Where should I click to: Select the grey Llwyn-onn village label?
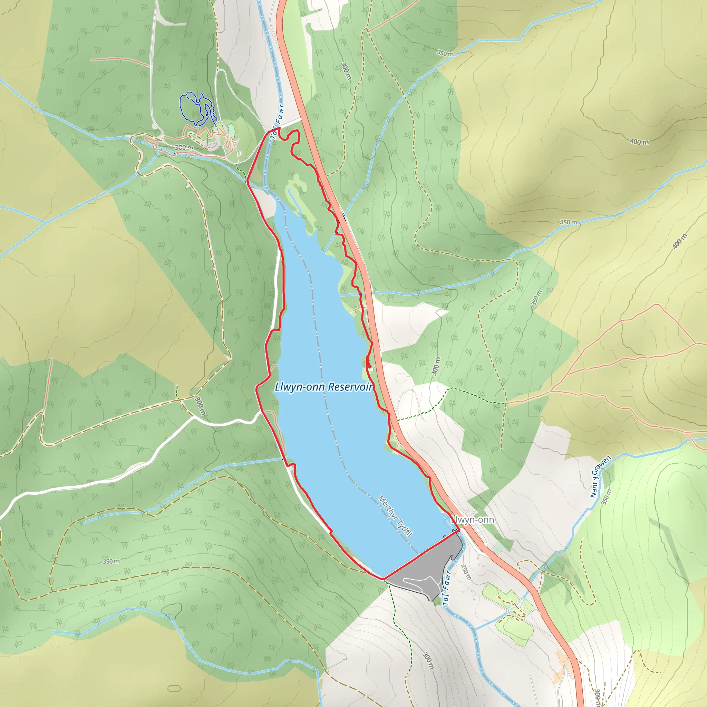(473, 520)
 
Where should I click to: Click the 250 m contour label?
(465, 572)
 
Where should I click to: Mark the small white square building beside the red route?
(371, 368)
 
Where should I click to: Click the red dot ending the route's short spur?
(369, 367)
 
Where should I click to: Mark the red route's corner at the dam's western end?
(383, 579)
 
